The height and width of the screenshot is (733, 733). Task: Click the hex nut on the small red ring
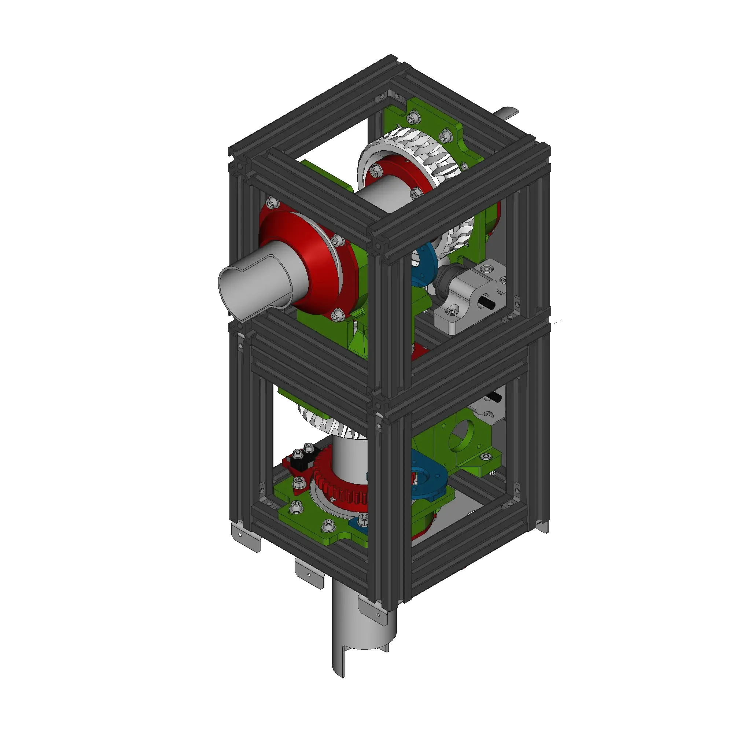[376, 173]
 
